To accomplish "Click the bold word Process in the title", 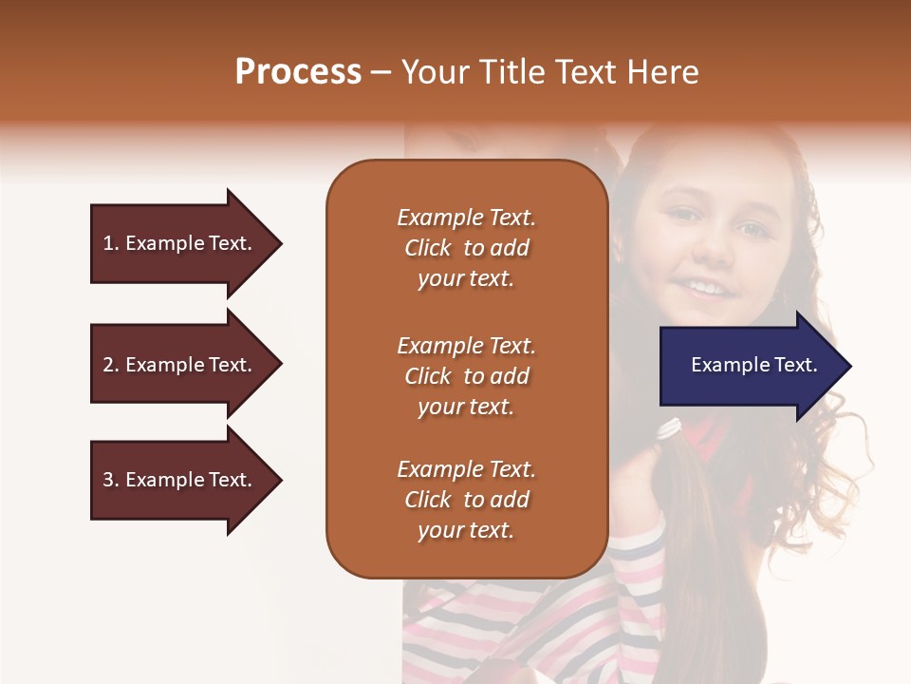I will point(298,72).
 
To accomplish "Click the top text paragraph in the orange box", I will point(466,248).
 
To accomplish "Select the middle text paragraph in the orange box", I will point(466,376).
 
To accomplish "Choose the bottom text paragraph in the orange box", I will point(466,500).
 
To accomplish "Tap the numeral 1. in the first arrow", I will point(111,243).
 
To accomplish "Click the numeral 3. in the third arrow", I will point(111,480).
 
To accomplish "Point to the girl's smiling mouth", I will point(707,286).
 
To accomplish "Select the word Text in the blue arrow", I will point(797,365).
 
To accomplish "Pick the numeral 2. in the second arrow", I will point(111,365).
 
